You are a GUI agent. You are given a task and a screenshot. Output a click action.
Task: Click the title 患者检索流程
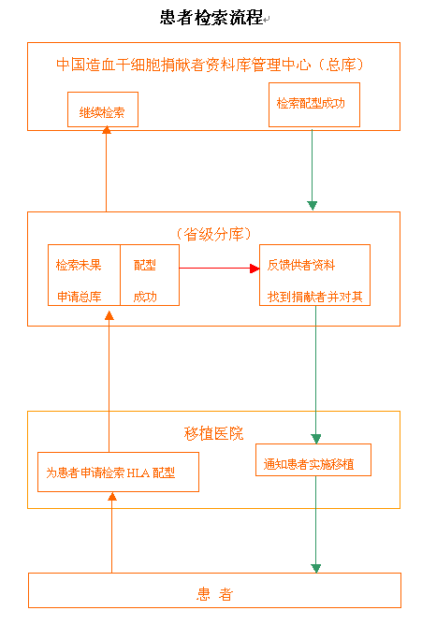point(211,18)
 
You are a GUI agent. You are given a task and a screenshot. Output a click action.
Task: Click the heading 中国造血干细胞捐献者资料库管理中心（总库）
point(210,65)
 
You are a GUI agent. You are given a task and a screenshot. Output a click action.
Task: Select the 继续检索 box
point(103,109)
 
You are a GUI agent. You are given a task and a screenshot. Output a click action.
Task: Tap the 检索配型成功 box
point(314,105)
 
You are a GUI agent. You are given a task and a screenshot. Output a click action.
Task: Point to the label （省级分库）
point(214,234)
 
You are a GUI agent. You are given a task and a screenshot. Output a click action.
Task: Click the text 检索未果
point(79,265)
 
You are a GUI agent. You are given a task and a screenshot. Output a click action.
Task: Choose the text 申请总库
point(80,297)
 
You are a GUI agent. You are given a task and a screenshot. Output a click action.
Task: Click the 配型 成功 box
point(150,275)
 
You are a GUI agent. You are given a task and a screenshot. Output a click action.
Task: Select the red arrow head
point(255,269)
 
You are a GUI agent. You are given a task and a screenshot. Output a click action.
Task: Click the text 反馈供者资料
point(301,265)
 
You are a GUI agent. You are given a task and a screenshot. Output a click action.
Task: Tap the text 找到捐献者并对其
point(314,297)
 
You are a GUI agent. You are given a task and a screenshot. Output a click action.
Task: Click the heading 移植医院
point(213,433)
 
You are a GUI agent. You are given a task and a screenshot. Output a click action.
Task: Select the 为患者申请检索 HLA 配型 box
point(118,472)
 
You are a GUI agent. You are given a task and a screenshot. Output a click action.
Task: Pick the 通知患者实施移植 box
point(313,460)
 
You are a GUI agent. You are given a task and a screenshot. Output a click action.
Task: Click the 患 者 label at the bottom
point(214,594)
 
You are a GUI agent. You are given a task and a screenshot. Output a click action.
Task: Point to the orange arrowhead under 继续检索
point(107,129)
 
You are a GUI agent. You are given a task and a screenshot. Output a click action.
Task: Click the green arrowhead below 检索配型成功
point(313,205)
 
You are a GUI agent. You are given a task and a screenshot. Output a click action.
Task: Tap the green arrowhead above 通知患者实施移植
point(316,439)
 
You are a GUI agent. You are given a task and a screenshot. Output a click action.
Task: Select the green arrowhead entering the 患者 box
point(316,569)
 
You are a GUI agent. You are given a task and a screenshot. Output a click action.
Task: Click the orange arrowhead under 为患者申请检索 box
point(112,496)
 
